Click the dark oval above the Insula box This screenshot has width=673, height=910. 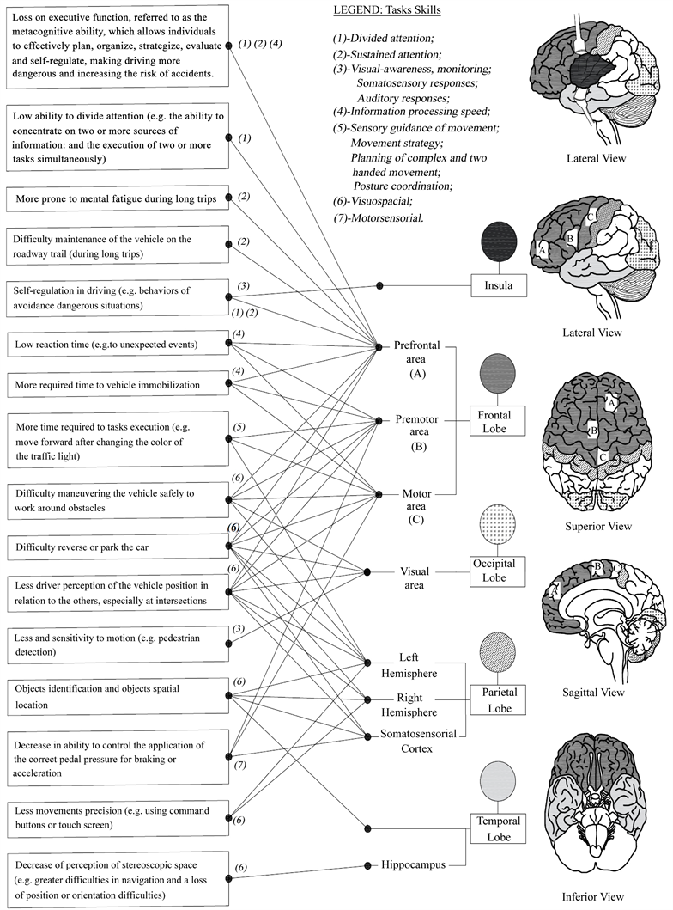pyautogui.click(x=499, y=240)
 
